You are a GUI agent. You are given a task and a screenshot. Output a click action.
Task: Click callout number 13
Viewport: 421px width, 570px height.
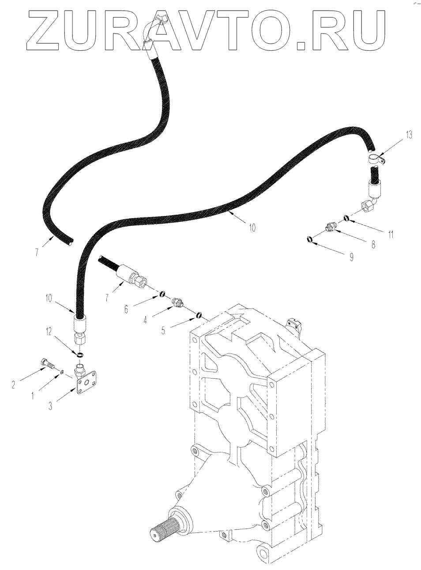(x=409, y=135)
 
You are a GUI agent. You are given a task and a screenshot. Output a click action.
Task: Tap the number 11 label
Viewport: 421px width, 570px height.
(x=391, y=235)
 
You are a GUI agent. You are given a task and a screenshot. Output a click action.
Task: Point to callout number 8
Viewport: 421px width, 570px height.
(x=373, y=244)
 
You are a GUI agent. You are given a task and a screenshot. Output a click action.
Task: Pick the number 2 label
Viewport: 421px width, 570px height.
(x=14, y=384)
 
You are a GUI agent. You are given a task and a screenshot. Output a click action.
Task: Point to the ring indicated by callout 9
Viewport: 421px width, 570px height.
(x=310, y=239)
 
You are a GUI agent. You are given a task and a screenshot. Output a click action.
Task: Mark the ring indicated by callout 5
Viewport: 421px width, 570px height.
(x=199, y=315)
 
